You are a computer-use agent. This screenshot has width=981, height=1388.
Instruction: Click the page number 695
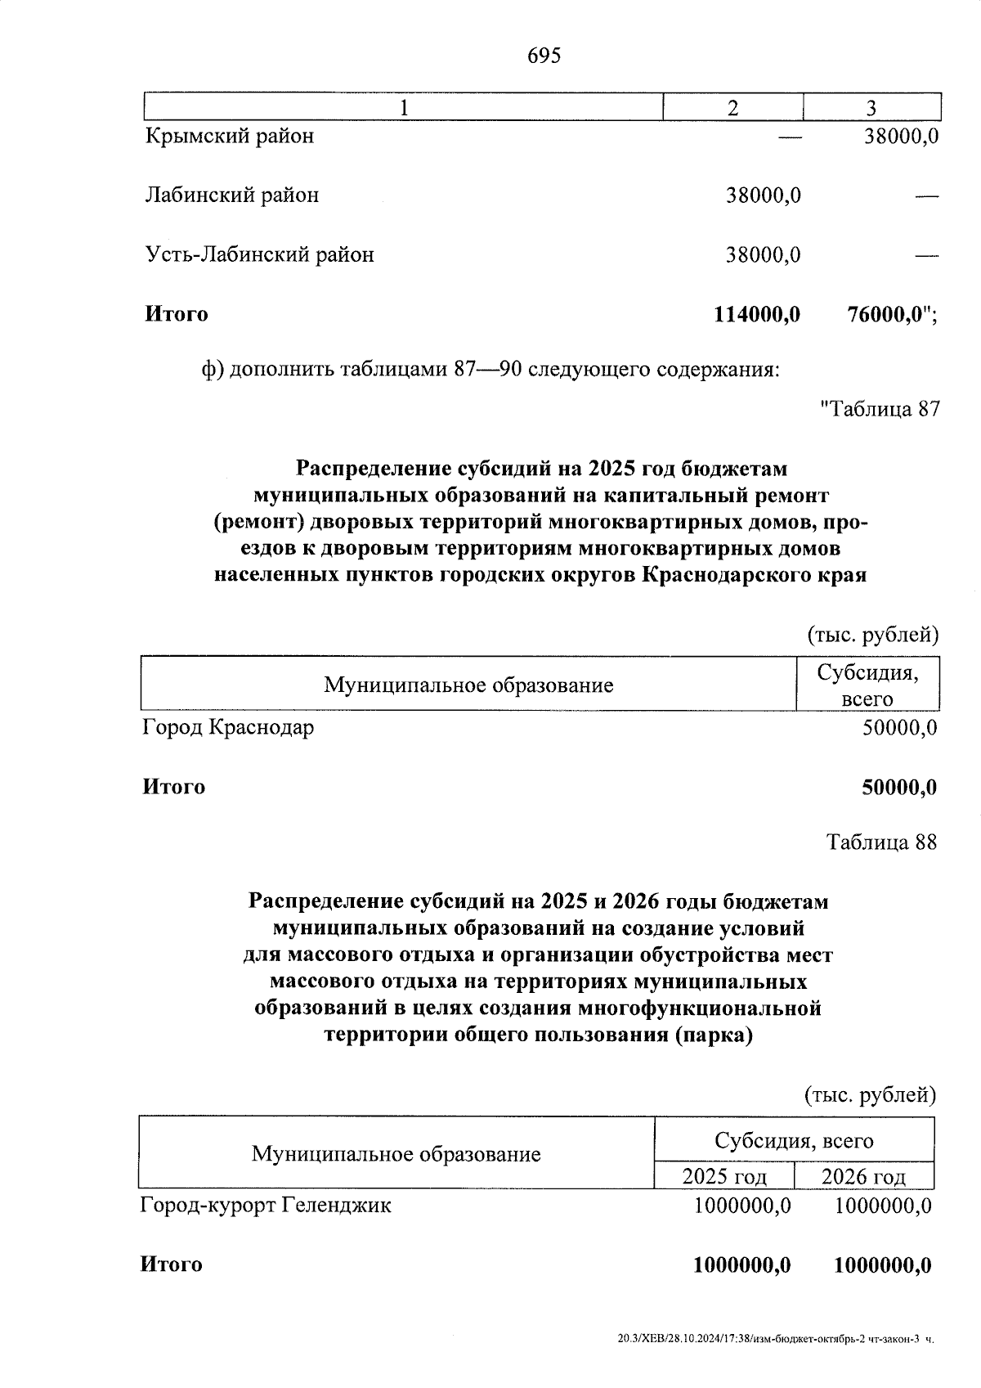544,56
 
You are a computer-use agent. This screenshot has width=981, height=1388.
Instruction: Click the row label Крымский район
230,136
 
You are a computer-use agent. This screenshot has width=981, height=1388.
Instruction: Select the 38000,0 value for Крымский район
901,136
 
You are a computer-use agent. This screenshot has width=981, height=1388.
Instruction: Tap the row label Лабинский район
232,195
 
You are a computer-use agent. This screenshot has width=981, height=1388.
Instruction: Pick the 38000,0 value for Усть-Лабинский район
764,255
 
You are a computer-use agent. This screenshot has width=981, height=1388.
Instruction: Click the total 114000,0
757,314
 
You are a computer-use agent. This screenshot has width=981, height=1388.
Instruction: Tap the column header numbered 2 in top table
732,108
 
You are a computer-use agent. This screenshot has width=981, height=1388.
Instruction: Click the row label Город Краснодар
228,727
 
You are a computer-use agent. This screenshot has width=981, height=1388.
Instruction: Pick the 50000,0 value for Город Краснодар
899,727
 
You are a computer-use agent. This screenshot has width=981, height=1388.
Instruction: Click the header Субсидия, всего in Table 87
867,685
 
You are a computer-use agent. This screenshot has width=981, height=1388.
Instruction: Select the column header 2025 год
724,1177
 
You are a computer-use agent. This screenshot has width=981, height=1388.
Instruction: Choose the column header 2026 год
863,1177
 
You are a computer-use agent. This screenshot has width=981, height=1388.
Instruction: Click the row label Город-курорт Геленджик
266,1205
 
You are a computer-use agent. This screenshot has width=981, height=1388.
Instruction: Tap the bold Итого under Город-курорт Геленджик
172,1264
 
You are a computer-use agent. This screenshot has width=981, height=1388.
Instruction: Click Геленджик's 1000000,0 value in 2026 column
883,1205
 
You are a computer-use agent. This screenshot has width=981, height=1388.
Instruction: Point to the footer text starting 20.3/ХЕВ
776,1340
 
